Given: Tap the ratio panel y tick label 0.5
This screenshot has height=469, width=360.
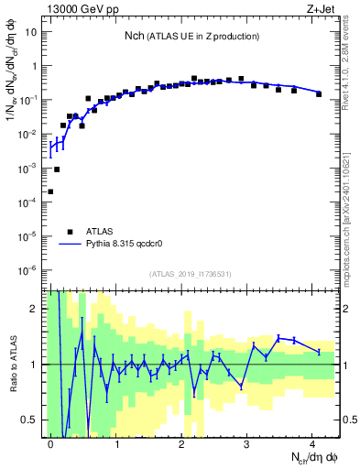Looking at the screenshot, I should [x=30, y=420].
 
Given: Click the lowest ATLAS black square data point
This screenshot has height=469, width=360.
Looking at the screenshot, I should [x=50, y=191].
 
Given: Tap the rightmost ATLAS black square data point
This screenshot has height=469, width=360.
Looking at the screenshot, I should [x=319, y=93].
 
